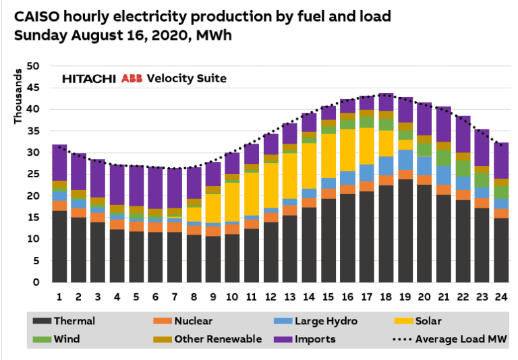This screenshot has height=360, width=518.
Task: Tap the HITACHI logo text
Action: pos(90,79)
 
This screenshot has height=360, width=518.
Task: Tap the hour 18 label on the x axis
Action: pos(386,297)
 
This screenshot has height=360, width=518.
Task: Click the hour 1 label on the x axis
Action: pos(59,297)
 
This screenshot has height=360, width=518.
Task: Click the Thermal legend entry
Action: pos(74,321)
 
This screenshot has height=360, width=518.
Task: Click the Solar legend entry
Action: pos(428,321)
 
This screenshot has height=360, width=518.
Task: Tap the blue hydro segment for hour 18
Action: pos(386,166)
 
